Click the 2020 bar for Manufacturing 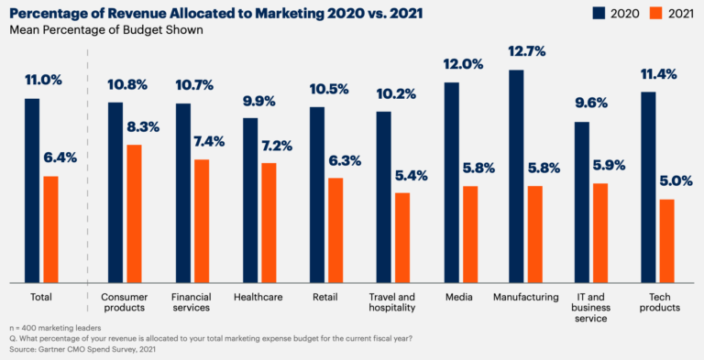[516, 176]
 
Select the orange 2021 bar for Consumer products [134, 213]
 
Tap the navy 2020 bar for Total [32, 190]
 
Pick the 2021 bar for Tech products [666, 241]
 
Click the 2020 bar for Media [451, 182]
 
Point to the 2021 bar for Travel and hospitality [402, 237]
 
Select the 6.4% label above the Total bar [60, 158]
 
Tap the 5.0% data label [676, 181]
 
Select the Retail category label [325, 297]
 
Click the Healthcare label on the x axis [258, 297]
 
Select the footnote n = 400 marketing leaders [55, 327]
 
